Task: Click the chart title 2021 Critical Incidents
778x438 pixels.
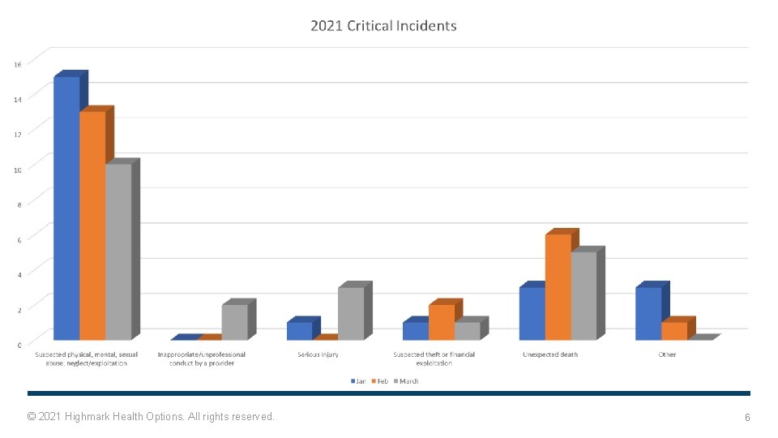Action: click(383, 26)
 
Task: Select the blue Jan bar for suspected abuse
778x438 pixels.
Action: click(66, 208)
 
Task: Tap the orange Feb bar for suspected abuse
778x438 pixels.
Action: click(92, 225)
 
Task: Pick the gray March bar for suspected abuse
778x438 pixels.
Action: click(118, 251)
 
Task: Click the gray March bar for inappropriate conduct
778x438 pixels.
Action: click(234, 322)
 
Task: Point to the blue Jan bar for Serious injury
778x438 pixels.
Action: click(299, 330)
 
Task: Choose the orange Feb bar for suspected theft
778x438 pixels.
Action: click(442, 322)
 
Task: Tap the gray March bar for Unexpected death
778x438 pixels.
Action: click(583, 295)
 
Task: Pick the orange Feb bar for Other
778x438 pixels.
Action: click(674, 330)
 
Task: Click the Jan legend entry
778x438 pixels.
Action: click(358, 380)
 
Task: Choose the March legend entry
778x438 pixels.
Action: click(406, 380)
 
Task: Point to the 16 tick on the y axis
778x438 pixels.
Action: click(18, 62)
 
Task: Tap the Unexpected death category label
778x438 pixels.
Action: click(550, 354)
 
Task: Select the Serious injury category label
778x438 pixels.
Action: click(318, 354)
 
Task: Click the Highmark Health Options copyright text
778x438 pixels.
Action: click(151, 416)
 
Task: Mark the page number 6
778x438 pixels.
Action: click(747, 417)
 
